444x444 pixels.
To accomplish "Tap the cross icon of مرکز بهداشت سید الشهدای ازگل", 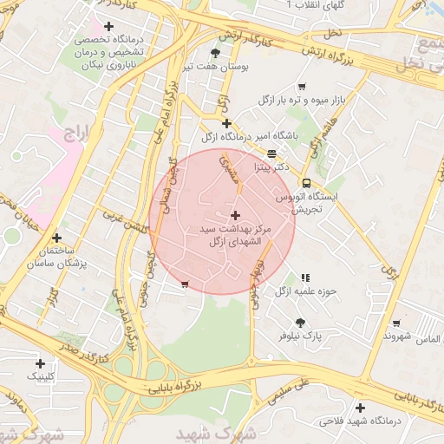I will click(x=235, y=214).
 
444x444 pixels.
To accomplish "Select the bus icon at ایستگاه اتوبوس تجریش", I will click(x=306, y=182).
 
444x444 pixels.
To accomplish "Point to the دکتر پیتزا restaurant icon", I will click(x=272, y=153).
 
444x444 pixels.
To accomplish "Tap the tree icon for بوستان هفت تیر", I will click(x=215, y=52).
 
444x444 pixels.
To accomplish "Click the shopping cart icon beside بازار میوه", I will click(x=301, y=86).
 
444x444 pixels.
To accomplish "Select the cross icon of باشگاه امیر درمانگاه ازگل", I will click(x=227, y=123).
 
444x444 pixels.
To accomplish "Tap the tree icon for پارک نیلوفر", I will click(x=300, y=323).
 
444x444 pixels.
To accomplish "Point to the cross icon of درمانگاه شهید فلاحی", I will click(x=360, y=408).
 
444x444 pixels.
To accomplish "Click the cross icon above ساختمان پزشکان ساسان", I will click(x=56, y=237).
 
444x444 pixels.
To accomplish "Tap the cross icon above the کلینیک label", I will click(x=39, y=363).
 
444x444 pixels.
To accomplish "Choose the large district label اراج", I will click(x=76, y=133).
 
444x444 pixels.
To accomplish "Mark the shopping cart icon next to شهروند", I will click(x=395, y=323).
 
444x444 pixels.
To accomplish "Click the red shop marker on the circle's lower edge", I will click(x=184, y=284).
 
